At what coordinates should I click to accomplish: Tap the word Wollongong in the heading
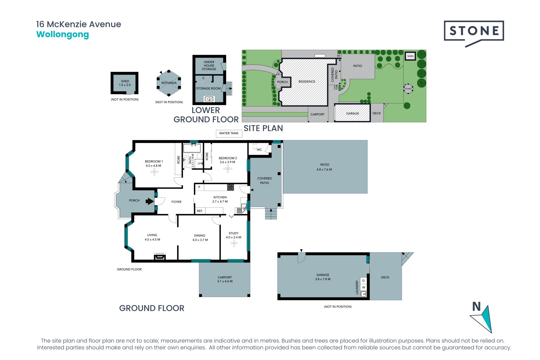tap(62, 35)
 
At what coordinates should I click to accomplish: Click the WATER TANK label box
tap(229, 133)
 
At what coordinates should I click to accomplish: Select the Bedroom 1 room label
tap(154, 163)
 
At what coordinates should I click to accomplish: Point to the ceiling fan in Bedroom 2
tap(228, 169)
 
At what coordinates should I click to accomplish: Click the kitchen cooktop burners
tap(231, 187)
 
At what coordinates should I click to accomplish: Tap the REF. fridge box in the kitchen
tap(200, 211)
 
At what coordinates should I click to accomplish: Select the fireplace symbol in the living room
tap(160, 256)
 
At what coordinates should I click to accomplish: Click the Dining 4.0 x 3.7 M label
tap(200, 238)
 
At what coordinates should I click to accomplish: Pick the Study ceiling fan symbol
tap(234, 243)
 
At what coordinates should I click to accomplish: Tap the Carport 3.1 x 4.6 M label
tap(225, 279)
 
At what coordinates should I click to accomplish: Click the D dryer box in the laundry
tap(363, 281)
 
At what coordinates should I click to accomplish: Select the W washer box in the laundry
tap(363, 287)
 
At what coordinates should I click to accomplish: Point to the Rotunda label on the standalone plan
tap(169, 83)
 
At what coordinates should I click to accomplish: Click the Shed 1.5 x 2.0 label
tap(125, 83)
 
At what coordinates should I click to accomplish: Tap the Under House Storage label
tap(209, 66)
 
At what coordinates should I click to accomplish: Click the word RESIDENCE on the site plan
tap(307, 82)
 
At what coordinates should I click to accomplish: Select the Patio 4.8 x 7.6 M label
tap(324, 167)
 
